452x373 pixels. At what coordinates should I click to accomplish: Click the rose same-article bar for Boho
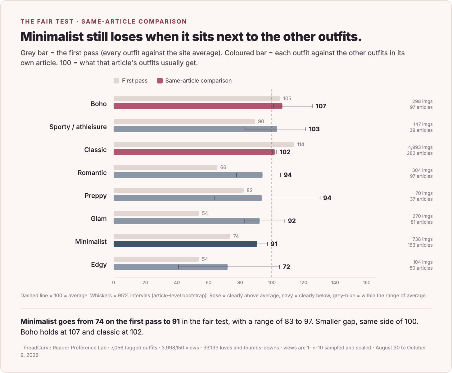pyautogui.click(x=198, y=106)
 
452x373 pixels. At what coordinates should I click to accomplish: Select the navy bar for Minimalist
pyautogui.click(x=185, y=244)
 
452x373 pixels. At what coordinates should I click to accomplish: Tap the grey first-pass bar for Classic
pyautogui.click(x=204, y=145)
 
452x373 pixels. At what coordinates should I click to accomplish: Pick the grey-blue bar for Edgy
pyautogui.click(x=170, y=267)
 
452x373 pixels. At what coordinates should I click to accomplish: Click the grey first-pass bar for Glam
pyautogui.click(x=156, y=213)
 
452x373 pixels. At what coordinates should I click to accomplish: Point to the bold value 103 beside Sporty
pyautogui.click(x=314, y=129)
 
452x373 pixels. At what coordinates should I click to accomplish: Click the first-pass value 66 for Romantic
pyautogui.click(x=223, y=168)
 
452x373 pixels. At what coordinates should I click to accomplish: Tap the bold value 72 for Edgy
pyautogui.click(x=286, y=267)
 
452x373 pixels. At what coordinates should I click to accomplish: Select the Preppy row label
pyautogui.click(x=96, y=196)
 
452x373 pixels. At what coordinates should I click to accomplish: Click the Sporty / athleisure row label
pyautogui.click(x=78, y=127)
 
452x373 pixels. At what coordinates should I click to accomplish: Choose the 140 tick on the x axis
pyautogui.click(x=335, y=283)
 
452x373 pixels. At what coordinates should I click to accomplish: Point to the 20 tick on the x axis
pyautogui.click(x=145, y=283)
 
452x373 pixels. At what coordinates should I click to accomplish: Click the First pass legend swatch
pyautogui.click(x=116, y=81)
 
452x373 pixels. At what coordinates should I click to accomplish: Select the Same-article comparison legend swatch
pyautogui.click(x=160, y=81)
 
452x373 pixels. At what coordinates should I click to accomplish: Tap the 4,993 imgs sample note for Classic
pyautogui.click(x=420, y=147)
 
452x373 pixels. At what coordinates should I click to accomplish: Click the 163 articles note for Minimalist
pyautogui.click(x=420, y=245)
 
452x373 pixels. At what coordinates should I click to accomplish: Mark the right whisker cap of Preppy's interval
pyautogui.click(x=320, y=198)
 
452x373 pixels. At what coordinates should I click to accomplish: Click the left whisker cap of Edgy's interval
pyautogui.click(x=179, y=267)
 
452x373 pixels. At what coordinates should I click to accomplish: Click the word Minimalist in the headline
pyautogui.click(x=52, y=37)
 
